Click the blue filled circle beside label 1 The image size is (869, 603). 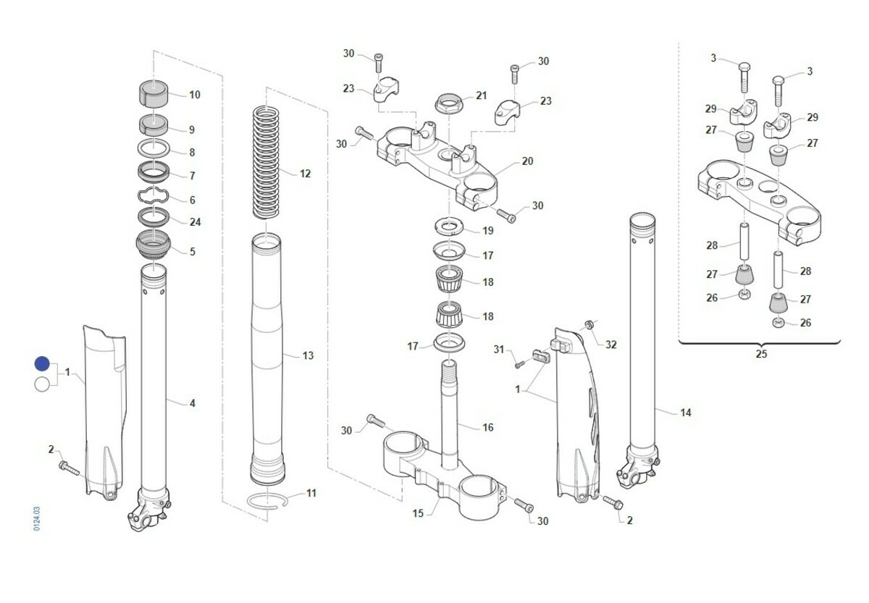pyautogui.click(x=42, y=364)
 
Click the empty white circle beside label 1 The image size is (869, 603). pyautogui.click(x=42, y=384)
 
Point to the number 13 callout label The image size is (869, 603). pyautogui.click(x=308, y=355)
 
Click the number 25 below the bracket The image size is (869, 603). pyautogui.click(x=760, y=354)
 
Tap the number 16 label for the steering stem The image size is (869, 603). pyautogui.click(x=487, y=428)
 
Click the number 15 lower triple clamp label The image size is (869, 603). pyautogui.click(x=418, y=514)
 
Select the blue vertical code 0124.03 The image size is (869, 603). pyautogui.click(x=37, y=520)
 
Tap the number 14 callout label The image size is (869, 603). pyautogui.click(x=685, y=413)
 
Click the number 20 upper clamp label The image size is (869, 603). pyautogui.click(x=527, y=161)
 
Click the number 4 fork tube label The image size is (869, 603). pyautogui.click(x=192, y=403)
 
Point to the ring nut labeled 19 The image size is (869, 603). pyautogui.click(x=449, y=227)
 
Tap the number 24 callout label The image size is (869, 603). pyautogui.click(x=195, y=222)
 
